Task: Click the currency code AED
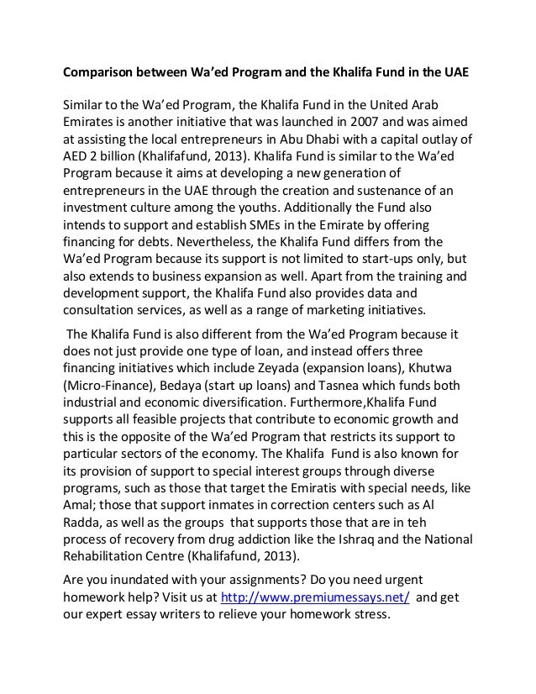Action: coord(77,156)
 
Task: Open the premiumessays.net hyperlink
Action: coord(314,597)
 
